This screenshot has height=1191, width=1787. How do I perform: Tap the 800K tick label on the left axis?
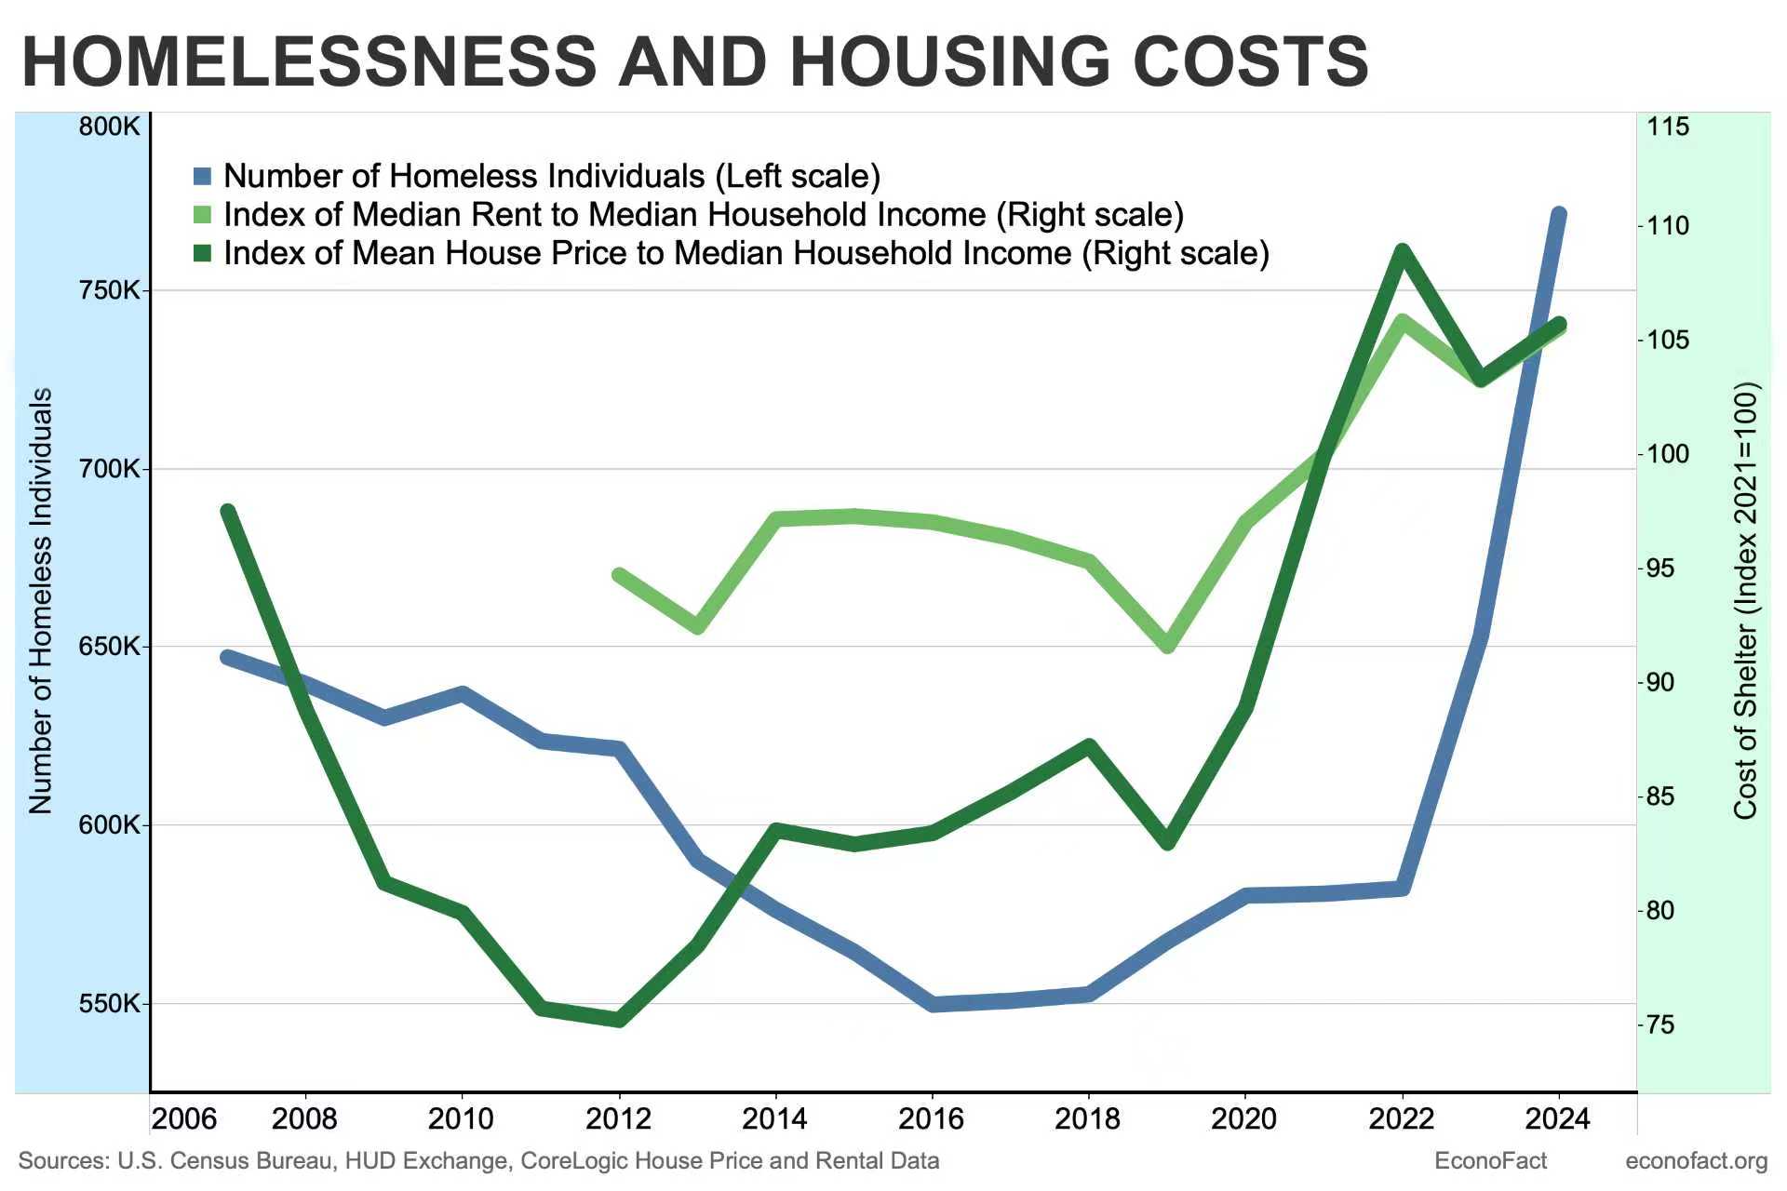pyautogui.click(x=109, y=127)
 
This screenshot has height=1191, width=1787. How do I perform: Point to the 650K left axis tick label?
pyautogui.click(x=109, y=647)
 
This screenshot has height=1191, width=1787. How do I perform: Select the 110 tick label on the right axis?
pyautogui.click(x=1668, y=226)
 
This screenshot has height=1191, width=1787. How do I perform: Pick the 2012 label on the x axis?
pyautogui.click(x=618, y=1119)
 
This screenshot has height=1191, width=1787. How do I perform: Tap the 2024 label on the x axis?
pyautogui.click(x=1559, y=1119)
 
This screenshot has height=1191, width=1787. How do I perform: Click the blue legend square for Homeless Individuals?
pyautogui.click(x=203, y=176)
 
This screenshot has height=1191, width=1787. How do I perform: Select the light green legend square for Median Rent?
pyautogui.click(x=203, y=215)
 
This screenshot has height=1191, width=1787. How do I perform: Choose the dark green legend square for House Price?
pyautogui.click(x=203, y=253)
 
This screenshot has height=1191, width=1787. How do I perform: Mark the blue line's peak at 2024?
pyautogui.click(x=1559, y=215)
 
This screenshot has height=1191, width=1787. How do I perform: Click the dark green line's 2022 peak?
pyautogui.click(x=1402, y=250)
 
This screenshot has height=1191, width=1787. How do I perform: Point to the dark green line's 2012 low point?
pyautogui.click(x=619, y=1020)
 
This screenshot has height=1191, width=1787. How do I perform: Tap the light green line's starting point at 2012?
pyautogui.click(x=619, y=575)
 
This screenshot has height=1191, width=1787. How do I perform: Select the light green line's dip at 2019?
pyautogui.click(x=1169, y=646)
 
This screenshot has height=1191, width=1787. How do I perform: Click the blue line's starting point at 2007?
pyautogui.click(x=227, y=657)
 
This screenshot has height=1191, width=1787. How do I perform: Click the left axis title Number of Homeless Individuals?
pyautogui.click(x=40, y=601)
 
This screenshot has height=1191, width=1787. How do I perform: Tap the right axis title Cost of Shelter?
pyautogui.click(x=1746, y=601)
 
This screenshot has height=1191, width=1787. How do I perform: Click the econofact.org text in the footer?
pyautogui.click(x=1696, y=1161)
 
